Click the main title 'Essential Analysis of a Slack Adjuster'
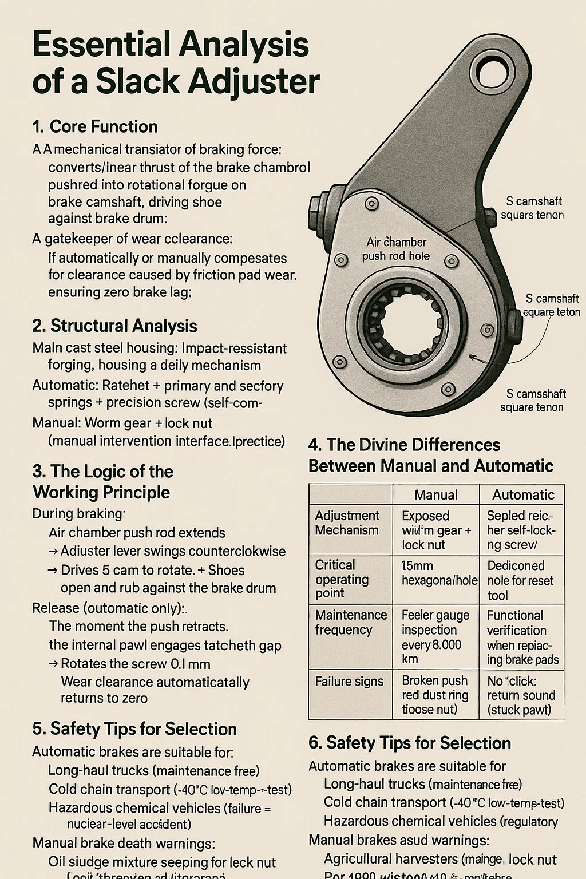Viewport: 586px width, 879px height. click(175, 63)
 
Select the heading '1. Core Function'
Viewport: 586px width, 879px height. click(94, 126)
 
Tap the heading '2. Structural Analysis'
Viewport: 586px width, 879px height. click(114, 326)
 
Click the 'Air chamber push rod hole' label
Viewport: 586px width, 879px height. click(396, 249)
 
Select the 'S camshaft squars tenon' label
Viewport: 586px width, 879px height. click(532, 208)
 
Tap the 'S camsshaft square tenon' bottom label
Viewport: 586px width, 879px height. click(532, 401)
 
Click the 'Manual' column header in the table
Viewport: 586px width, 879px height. click(435, 495)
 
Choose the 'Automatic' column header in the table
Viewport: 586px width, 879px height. click(523, 495)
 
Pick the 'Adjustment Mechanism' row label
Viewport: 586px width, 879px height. click(347, 523)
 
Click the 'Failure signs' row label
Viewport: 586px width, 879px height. click(349, 682)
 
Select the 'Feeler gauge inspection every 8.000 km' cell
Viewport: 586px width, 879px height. click(435, 637)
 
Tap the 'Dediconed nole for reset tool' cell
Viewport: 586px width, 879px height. click(520, 580)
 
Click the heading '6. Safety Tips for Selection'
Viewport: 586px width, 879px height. click(409, 743)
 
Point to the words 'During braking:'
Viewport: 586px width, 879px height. click(79, 513)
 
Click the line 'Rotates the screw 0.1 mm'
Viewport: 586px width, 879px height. click(135, 664)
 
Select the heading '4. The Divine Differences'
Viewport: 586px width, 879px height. click(404, 445)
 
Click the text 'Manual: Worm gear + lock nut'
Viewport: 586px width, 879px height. click(122, 423)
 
